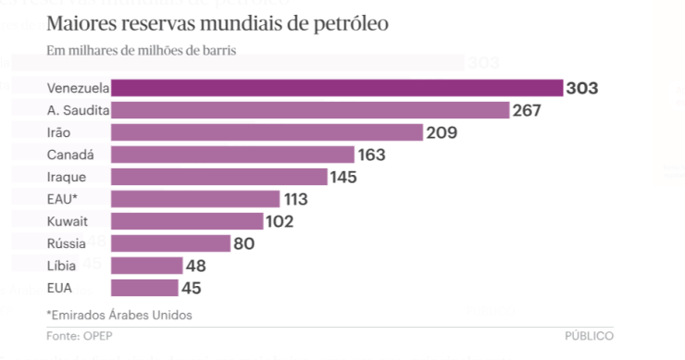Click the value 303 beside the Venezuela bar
point(583,89)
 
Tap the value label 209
point(443,132)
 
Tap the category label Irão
point(58,132)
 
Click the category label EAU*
point(60,199)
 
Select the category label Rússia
point(66,243)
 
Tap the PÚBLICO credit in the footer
point(589,335)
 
